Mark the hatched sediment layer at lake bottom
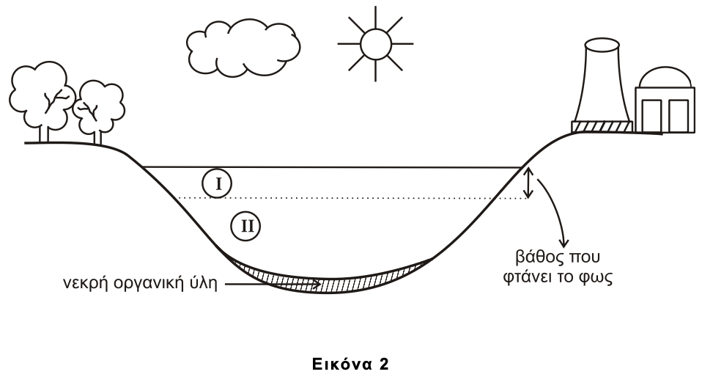pos(330,282)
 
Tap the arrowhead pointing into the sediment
pos(316,284)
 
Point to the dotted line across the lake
pos(352,198)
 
